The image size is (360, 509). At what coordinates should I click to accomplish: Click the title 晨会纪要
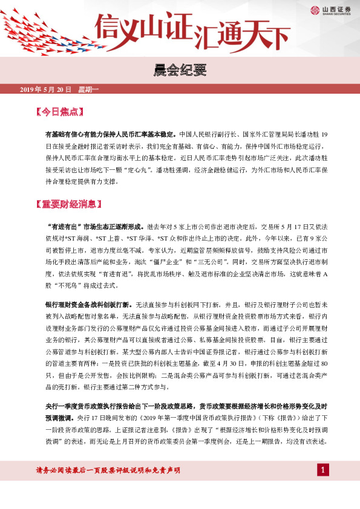pyautogui.click(x=180, y=71)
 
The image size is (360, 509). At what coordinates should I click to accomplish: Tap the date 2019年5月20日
pyautogui.click(x=45, y=89)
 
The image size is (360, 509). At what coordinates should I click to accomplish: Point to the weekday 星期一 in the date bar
pyautogui.click(x=88, y=89)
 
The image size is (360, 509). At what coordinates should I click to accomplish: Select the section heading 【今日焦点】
pyautogui.click(x=59, y=112)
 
